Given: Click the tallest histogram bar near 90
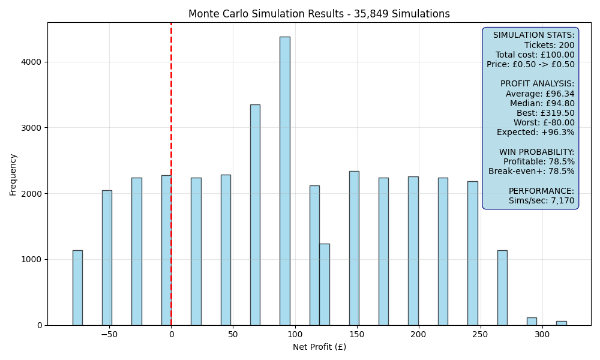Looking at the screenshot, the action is [x=284, y=181].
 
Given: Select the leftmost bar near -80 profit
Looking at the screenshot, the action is [x=77, y=287].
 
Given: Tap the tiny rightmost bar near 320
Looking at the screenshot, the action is [x=562, y=323].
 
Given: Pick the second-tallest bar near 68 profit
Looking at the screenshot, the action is [x=255, y=215].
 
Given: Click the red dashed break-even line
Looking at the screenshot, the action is [x=171, y=174].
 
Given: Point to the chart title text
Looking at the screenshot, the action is [x=319, y=14].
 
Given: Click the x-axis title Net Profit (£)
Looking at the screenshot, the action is [x=319, y=347].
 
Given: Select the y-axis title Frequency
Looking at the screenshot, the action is [x=13, y=175].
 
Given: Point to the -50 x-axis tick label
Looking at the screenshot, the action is [x=109, y=334].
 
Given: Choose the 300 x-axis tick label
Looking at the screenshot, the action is [x=542, y=334].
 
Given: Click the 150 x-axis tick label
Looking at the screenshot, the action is [x=356, y=334].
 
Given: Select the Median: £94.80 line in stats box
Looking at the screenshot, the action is [x=542, y=103].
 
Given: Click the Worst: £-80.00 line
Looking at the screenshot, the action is [x=544, y=122].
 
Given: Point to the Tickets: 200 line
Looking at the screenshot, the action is [x=549, y=45].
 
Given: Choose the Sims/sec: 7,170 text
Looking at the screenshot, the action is [x=541, y=200].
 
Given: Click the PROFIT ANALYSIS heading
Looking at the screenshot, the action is [x=537, y=84].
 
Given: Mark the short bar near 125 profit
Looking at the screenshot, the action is [x=325, y=284].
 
